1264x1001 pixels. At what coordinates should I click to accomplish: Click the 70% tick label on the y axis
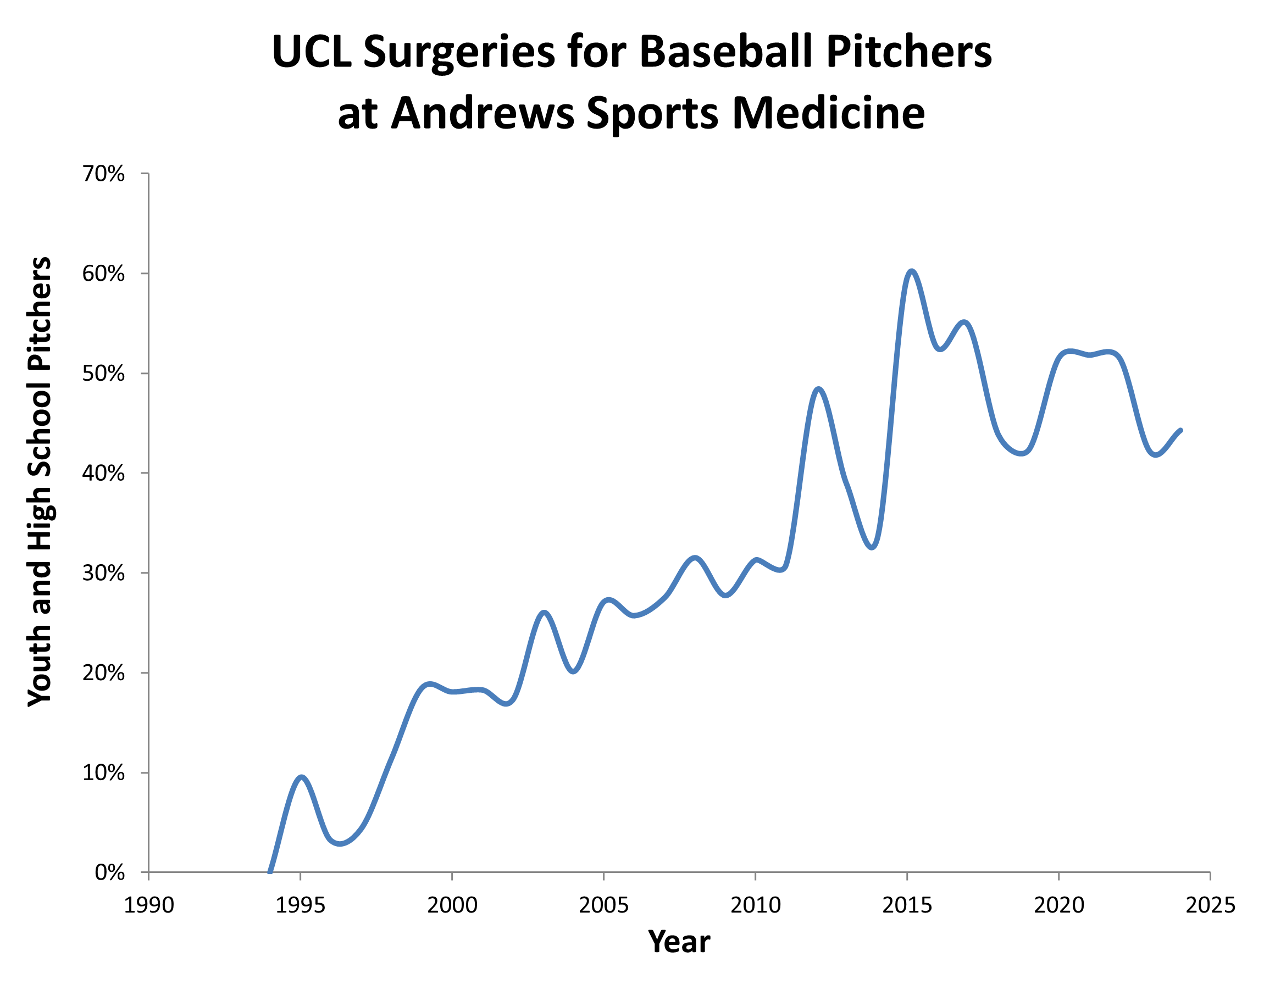pos(103,174)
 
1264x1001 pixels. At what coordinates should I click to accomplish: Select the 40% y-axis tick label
pos(103,473)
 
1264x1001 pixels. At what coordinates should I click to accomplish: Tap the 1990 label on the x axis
pos(149,905)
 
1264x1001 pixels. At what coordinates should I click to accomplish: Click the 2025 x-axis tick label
pos(1210,905)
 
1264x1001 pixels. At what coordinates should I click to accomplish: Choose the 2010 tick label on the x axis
pos(755,905)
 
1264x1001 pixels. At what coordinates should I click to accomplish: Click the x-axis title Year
pos(679,942)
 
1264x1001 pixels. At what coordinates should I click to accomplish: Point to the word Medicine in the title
pos(828,113)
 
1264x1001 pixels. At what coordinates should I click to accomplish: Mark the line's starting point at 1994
pos(270,871)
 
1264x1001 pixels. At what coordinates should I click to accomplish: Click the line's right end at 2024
pos(1180,430)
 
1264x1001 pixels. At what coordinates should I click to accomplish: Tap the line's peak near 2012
pos(819,389)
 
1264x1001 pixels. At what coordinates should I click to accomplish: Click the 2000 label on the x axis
pos(452,905)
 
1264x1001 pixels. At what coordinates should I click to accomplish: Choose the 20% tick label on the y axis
pos(103,673)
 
